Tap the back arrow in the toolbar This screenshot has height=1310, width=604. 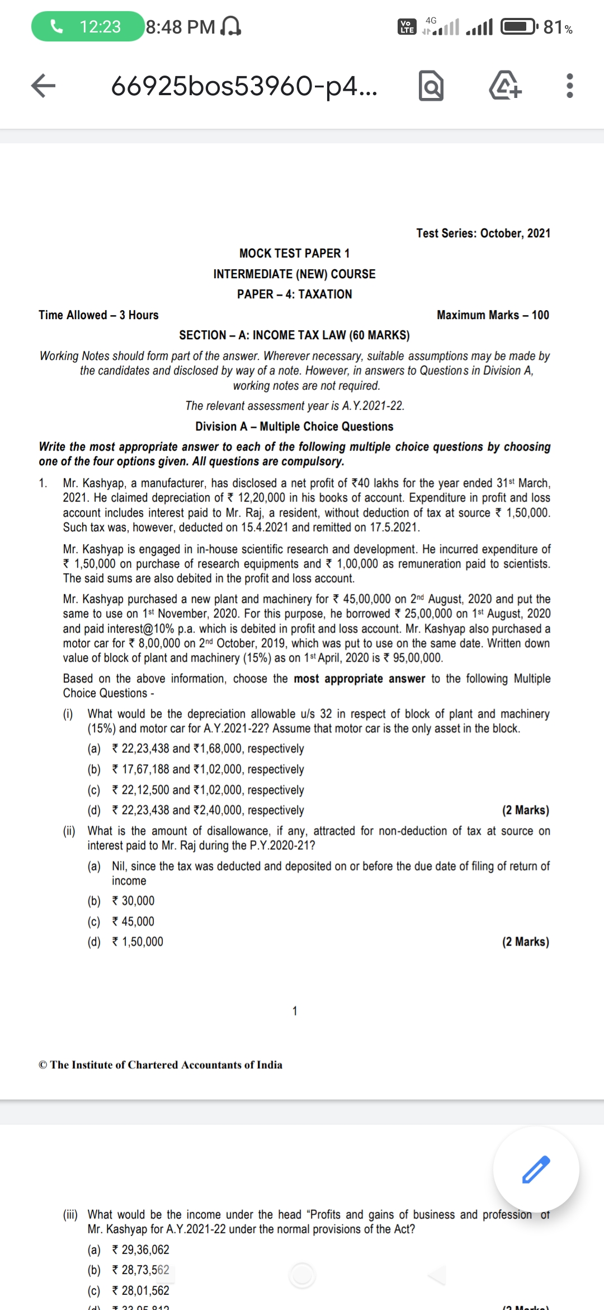43,86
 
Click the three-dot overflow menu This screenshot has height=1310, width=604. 569,86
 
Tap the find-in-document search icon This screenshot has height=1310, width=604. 431,86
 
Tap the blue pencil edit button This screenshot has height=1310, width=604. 536,1169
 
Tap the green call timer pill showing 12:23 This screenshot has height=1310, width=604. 87,26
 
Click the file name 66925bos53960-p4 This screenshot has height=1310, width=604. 244,86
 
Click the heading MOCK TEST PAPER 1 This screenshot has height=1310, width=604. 294,253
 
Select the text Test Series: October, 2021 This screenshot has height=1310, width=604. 483,233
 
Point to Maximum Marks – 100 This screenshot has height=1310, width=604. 493,315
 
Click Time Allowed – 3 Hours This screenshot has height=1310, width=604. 98,315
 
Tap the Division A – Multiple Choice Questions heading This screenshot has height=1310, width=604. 294,426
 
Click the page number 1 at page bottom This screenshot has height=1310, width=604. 295,1010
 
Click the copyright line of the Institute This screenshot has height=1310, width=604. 161,1064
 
